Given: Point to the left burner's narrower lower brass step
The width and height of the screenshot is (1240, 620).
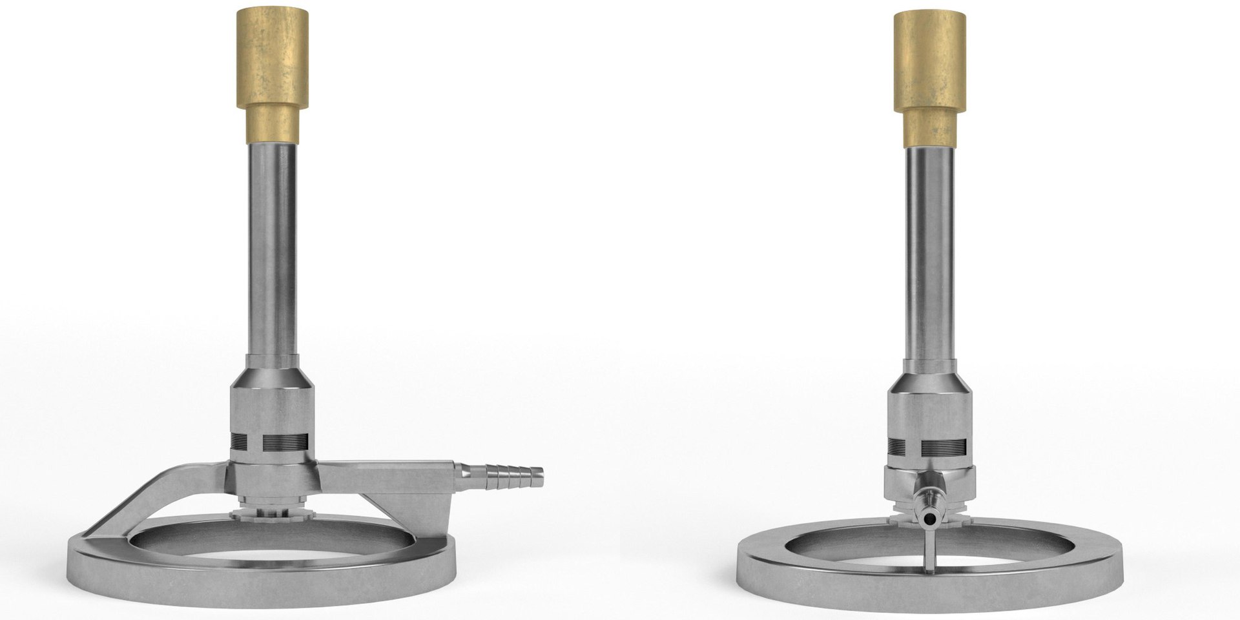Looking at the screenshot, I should [x=274, y=124].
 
